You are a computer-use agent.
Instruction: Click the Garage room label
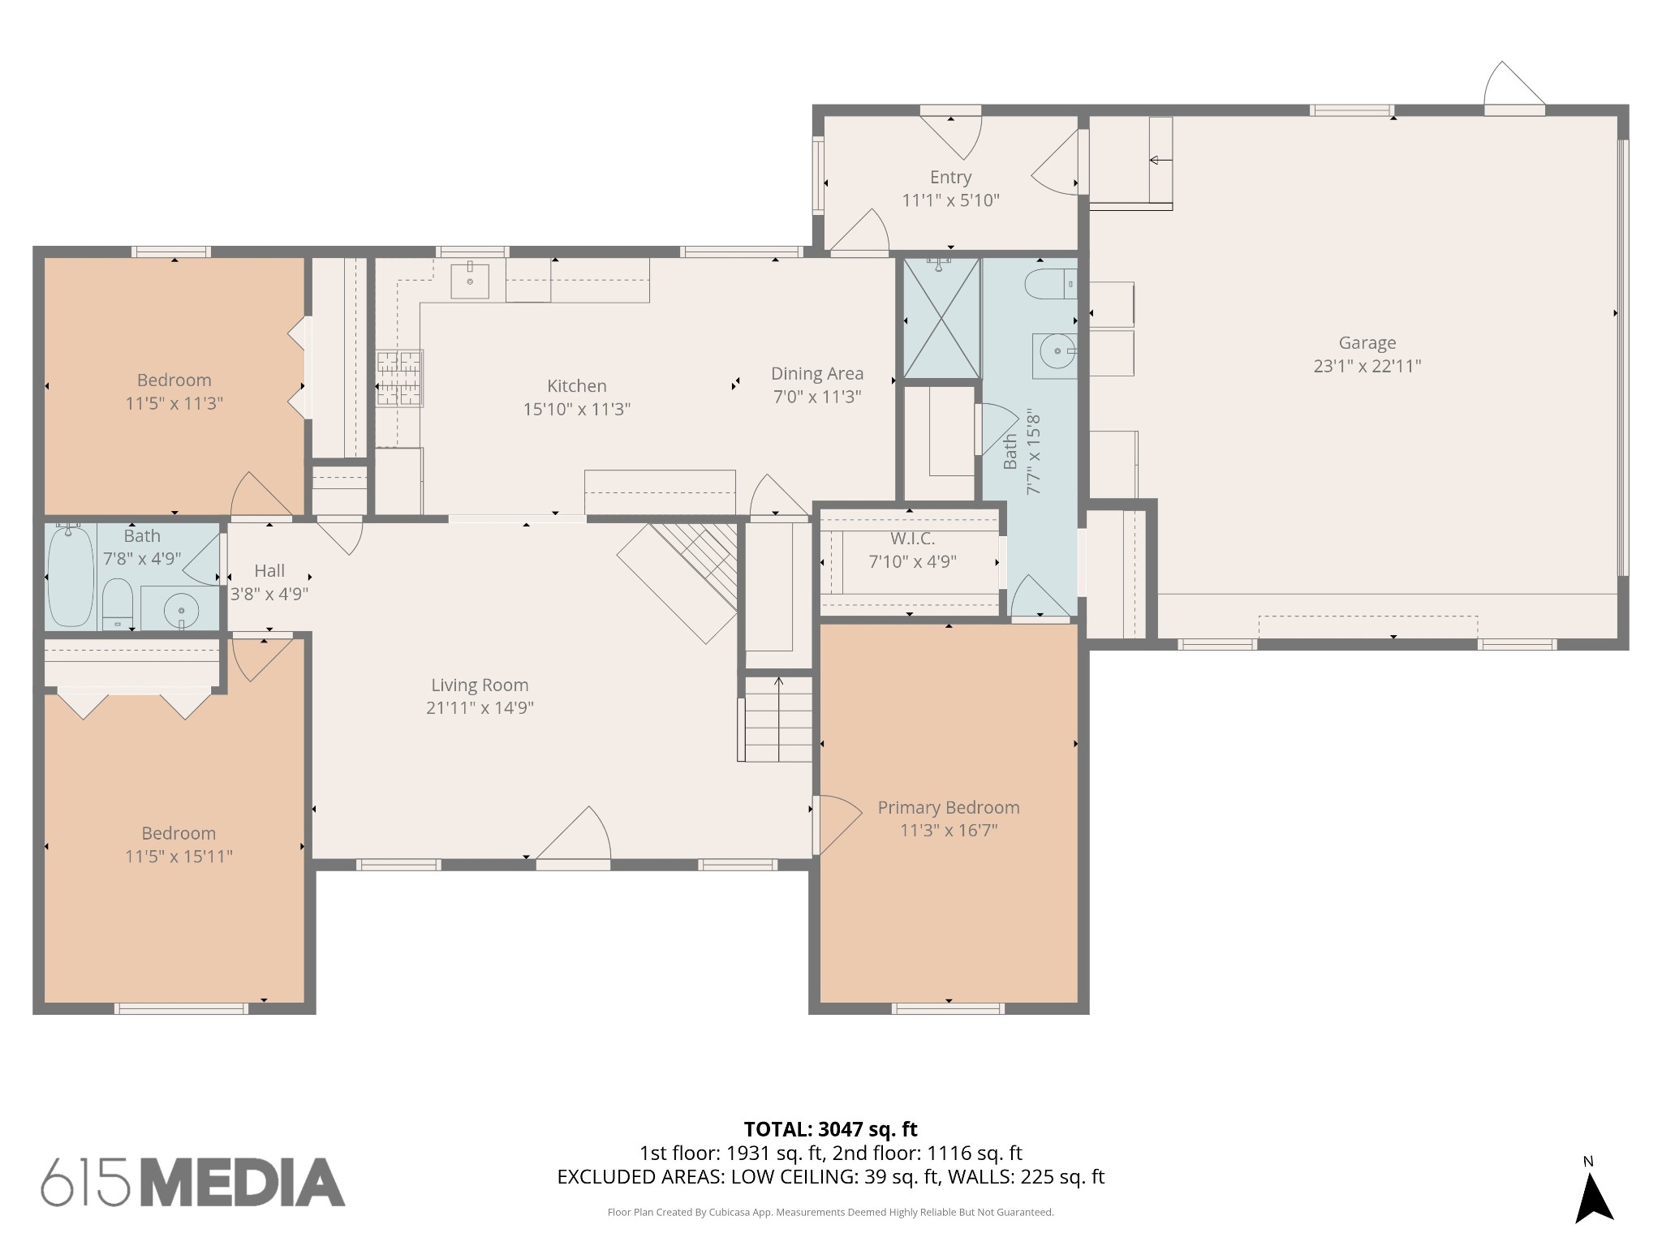click(1367, 343)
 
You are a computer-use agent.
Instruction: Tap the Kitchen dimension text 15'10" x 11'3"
click(576, 409)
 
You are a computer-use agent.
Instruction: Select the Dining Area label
click(817, 374)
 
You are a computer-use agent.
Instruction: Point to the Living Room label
click(480, 685)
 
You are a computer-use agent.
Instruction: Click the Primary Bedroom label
click(949, 808)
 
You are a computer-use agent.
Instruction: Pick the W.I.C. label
click(912, 539)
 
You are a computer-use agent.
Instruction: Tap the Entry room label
click(950, 178)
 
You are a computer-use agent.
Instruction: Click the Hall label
click(269, 570)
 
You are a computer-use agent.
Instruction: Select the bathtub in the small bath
click(71, 575)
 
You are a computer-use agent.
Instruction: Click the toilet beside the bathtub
click(118, 604)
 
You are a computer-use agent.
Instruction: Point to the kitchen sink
click(470, 281)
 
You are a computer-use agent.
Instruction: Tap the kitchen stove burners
click(399, 377)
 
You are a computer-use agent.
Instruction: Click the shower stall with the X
click(941, 318)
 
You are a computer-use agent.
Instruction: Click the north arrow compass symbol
click(1594, 1201)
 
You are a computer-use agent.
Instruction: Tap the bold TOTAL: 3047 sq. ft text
click(830, 1129)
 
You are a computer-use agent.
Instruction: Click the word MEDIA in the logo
click(242, 1183)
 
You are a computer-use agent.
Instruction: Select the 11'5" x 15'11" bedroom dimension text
click(179, 857)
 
